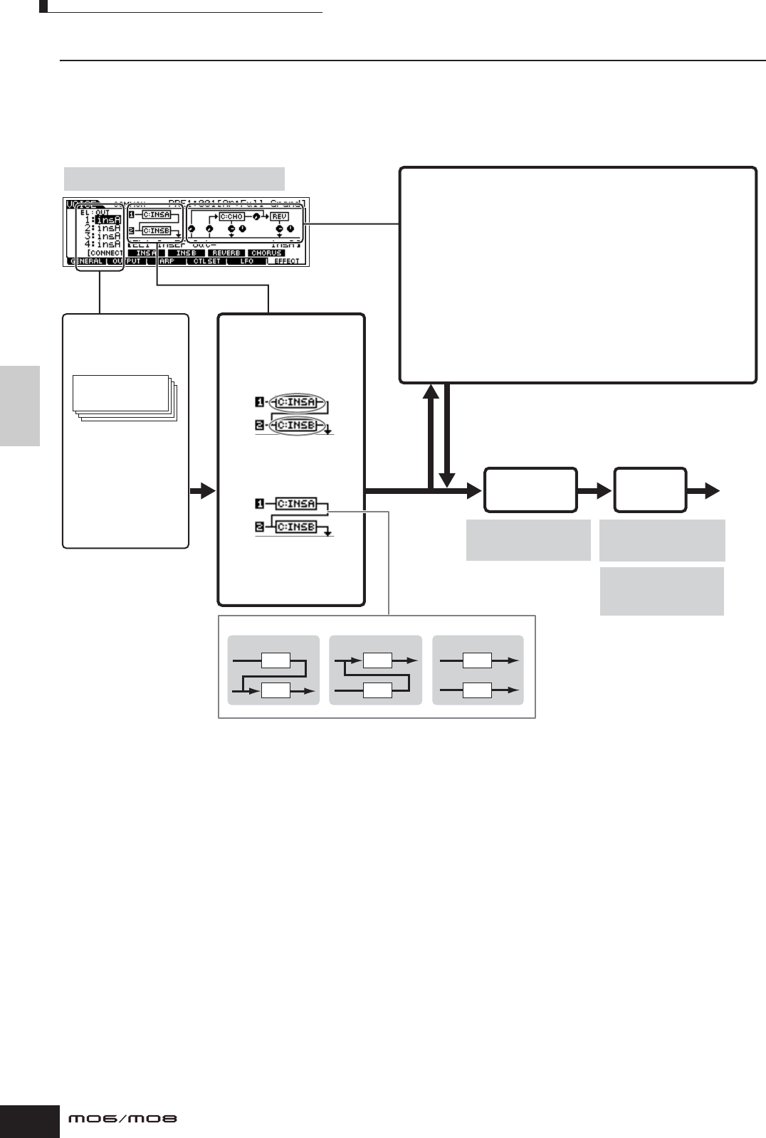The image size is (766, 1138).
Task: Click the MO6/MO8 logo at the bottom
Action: pyautogui.click(x=122, y=1119)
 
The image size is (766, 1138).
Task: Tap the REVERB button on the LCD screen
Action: pyautogui.click(x=226, y=253)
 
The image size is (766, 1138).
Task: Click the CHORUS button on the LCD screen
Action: pyautogui.click(x=266, y=253)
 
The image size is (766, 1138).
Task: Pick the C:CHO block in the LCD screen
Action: pyautogui.click(x=231, y=216)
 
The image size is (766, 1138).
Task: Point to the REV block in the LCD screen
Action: pyautogui.click(x=280, y=216)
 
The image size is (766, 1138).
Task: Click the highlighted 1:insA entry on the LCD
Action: pyautogui.click(x=107, y=220)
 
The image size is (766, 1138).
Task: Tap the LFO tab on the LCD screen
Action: pyautogui.click(x=246, y=261)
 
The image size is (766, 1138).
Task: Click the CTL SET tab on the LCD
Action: pyautogui.click(x=207, y=261)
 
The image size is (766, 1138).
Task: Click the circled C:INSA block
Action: pyautogui.click(x=296, y=403)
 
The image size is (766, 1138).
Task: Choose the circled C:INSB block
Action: pyautogui.click(x=296, y=426)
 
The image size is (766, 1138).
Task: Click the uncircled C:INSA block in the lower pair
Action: pyautogui.click(x=296, y=503)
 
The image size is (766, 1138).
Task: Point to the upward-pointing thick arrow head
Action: pyautogui.click(x=431, y=390)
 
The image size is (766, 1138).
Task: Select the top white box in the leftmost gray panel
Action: pyautogui.click(x=276, y=660)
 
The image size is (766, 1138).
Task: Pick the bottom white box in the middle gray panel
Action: pyautogui.click(x=377, y=690)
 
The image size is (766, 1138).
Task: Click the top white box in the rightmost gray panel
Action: pyautogui.click(x=477, y=660)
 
